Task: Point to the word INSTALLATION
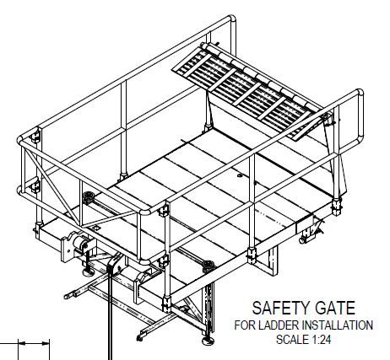pyautogui.click(x=338, y=325)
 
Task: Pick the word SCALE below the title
pyautogui.click(x=293, y=340)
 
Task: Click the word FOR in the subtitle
pyautogui.click(x=245, y=325)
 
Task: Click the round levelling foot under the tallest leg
pyautogui.click(x=209, y=341)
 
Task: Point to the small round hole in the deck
pyautogui.click(x=240, y=175)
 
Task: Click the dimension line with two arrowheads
pyautogui.click(x=34, y=343)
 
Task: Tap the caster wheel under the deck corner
pyautogui.click(x=303, y=240)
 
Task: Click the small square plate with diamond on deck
pyautogui.click(x=97, y=228)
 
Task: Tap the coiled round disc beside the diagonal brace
pyautogui.click(x=89, y=195)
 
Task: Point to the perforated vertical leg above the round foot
pyautogui.click(x=209, y=309)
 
